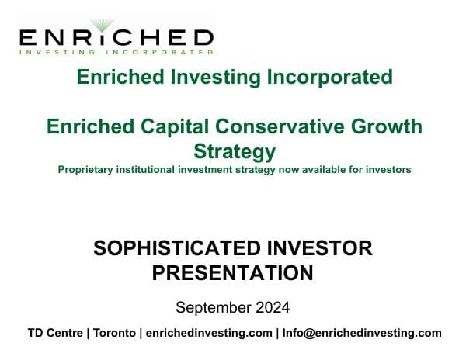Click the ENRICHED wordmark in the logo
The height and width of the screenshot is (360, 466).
pyautogui.click(x=115, y=37)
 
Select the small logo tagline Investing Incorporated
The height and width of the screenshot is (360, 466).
pyautogui.click(x=115, y=53)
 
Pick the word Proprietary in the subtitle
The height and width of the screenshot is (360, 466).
pyautogui.click(x=88, y=168)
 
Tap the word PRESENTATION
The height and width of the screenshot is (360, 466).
pyautogui.click(x=233, y=272)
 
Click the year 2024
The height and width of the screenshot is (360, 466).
pyautogui.click(x=273, y=307)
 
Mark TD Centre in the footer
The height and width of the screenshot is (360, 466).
pyautogui.click(x=55, y=333)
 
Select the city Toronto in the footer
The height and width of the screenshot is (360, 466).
pyautogui.click(x=113, y=333)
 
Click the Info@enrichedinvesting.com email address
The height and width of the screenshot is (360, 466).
pyautogui.click(x=361, y=333)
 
